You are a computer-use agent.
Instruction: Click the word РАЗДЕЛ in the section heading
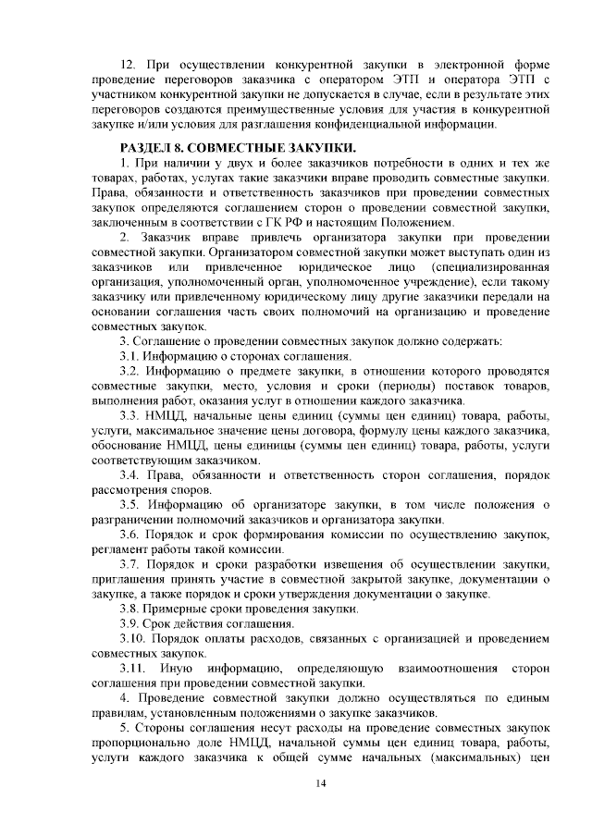tap(150, 147)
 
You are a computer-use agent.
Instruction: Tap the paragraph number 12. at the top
tap(130, 65)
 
